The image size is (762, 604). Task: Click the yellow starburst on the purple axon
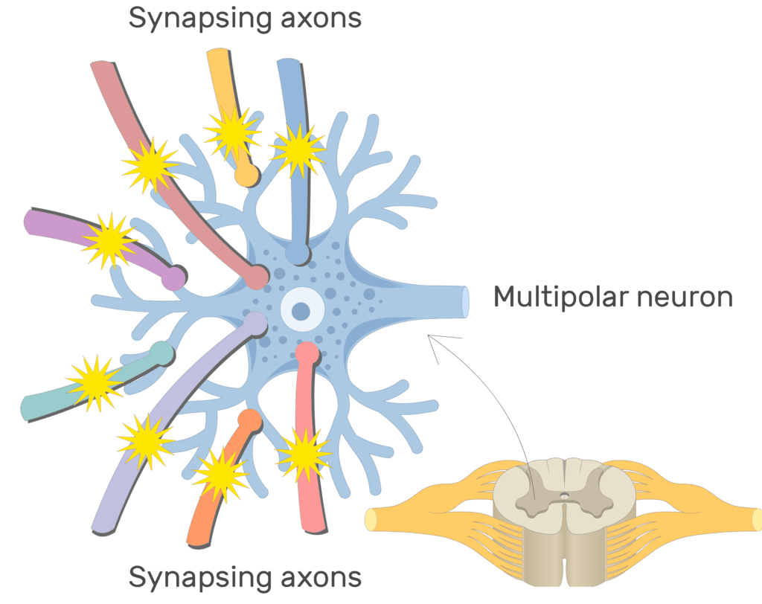click(109, 240)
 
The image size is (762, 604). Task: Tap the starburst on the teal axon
click(94, 382)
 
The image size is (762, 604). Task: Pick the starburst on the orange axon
click(220, 474)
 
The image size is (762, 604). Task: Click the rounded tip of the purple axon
click(174, 277)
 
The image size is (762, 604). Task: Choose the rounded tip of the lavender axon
click(255, 323)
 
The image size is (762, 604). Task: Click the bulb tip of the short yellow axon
click(246, 175)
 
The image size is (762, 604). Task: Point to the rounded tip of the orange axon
click(252, 420)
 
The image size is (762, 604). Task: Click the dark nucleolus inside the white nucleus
click(301, 310)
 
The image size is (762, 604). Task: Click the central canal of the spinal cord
click(564, 494)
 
